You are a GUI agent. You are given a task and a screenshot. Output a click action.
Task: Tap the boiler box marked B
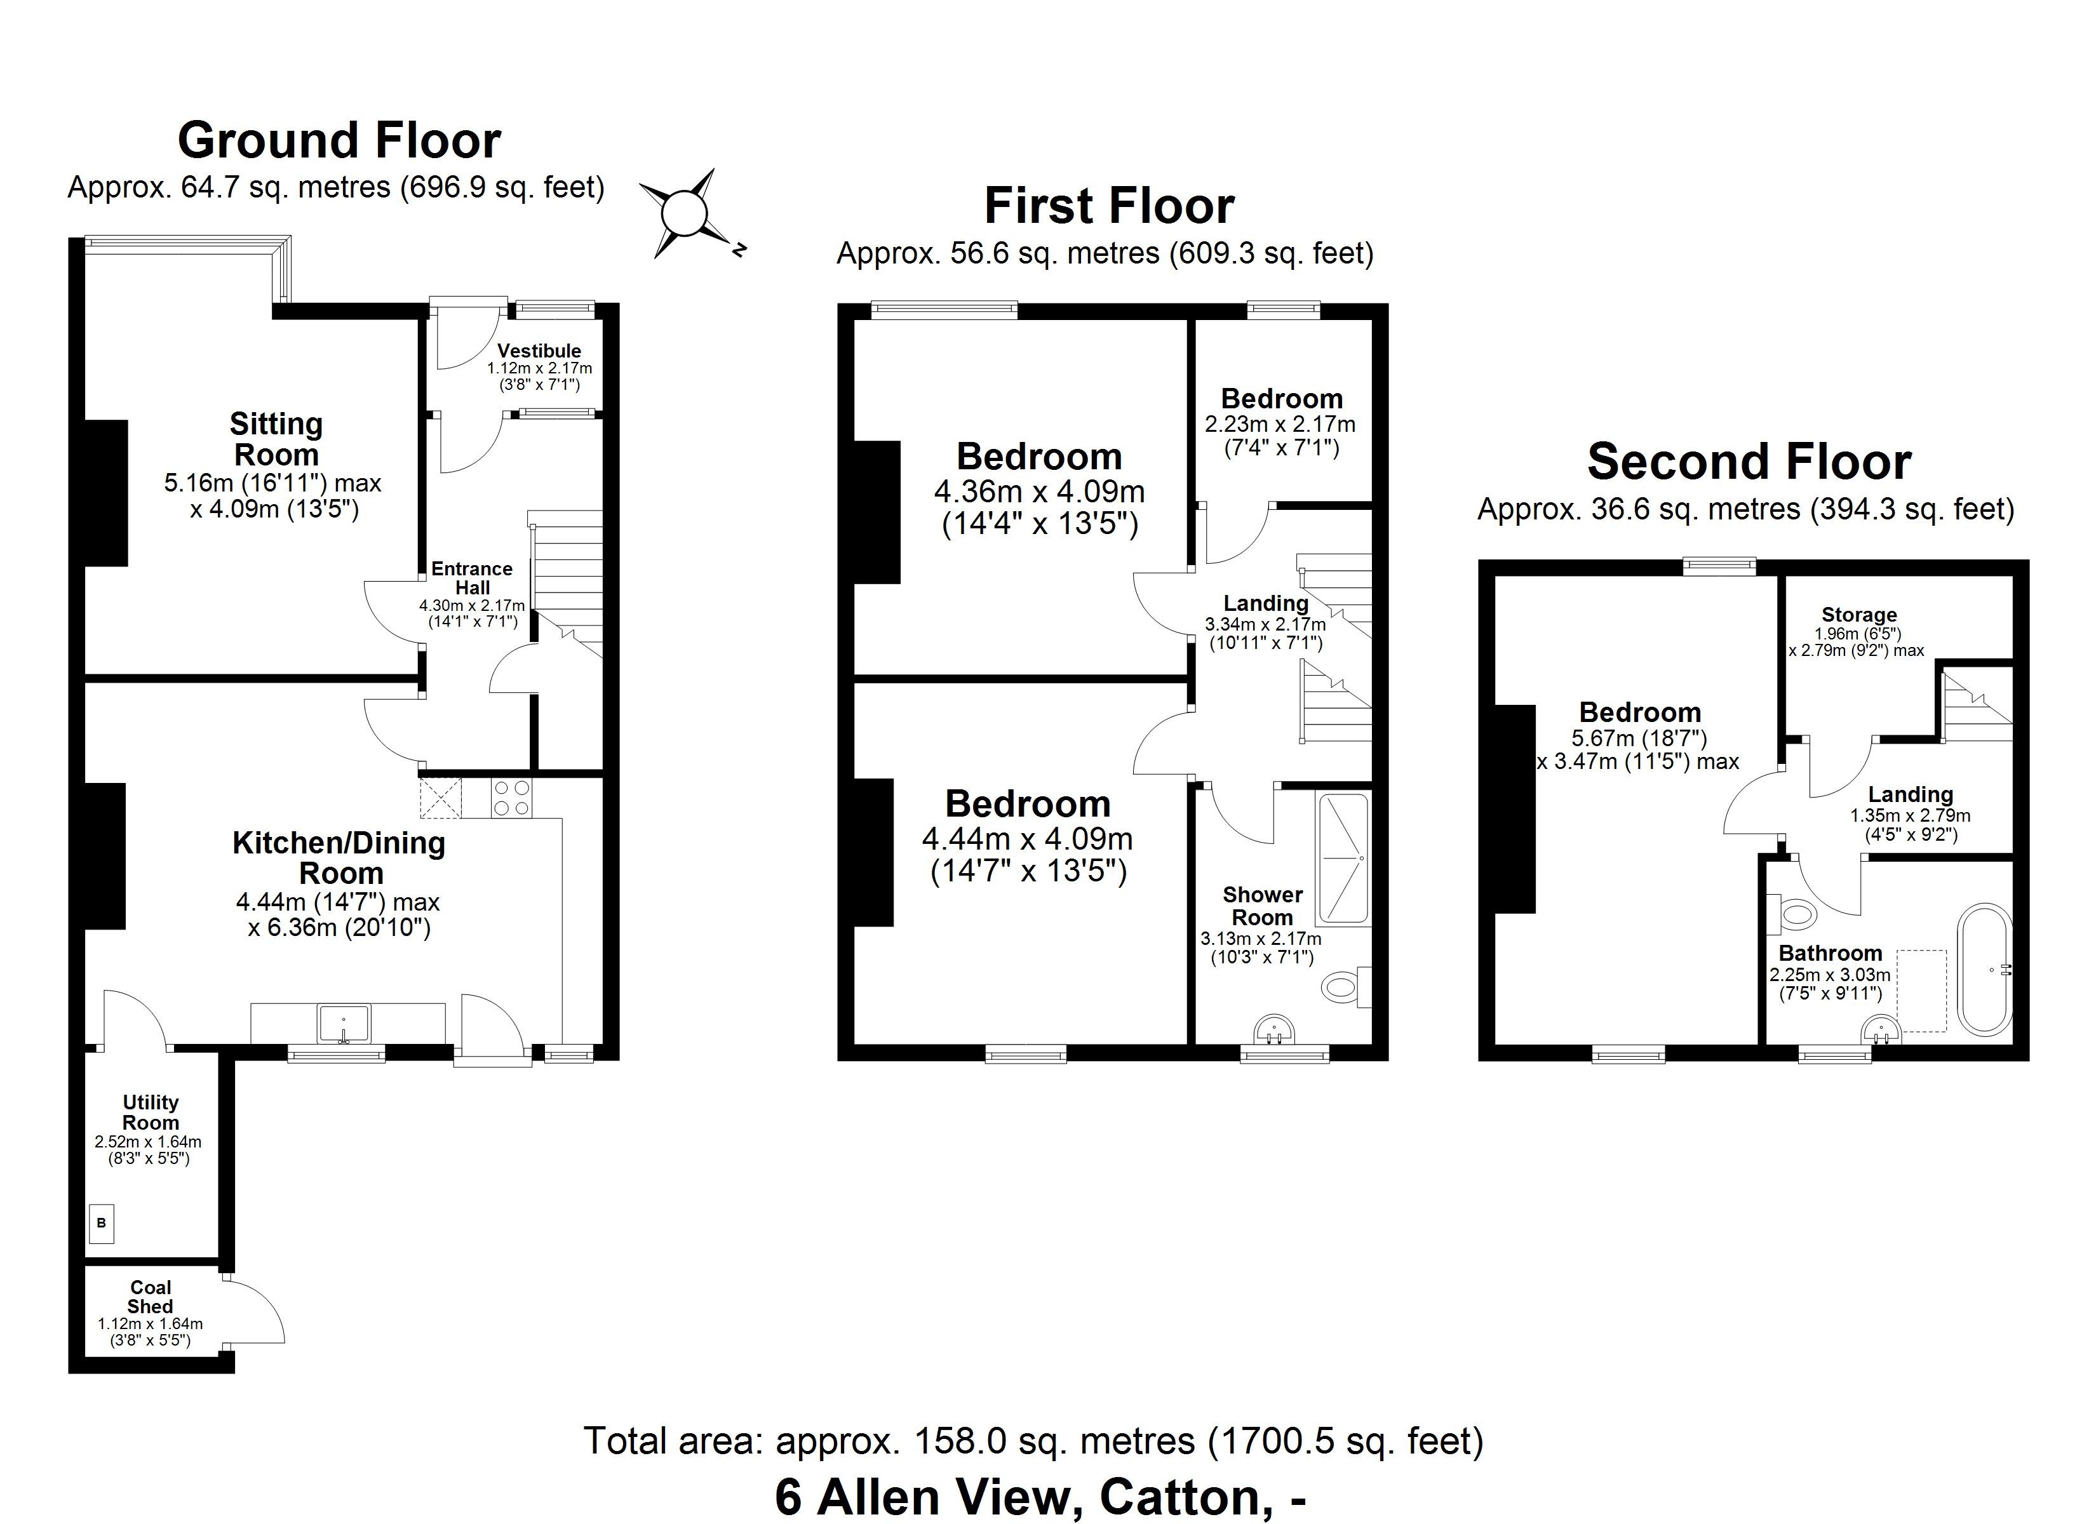(102, 1223)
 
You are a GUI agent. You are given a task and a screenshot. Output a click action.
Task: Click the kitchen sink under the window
(344, 1023)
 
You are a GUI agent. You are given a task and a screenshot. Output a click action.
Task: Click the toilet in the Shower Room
(1343, 987)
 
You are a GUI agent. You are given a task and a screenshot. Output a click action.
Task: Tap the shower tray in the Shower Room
(1343, 860)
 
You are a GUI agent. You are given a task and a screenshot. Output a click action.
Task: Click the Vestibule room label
(539, 351)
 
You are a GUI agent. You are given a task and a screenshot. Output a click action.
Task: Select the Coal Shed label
(150, 1297)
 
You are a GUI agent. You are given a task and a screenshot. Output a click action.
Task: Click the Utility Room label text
(150, 1112)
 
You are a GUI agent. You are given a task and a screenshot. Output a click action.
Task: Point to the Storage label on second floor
(1858, 615)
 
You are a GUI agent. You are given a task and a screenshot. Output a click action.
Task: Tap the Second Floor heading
(1749, 462)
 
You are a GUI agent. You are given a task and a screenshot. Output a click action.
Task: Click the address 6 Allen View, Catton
(1040, 1497)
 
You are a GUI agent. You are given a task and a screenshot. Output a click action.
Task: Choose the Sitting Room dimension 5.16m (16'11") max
(272, 483)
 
